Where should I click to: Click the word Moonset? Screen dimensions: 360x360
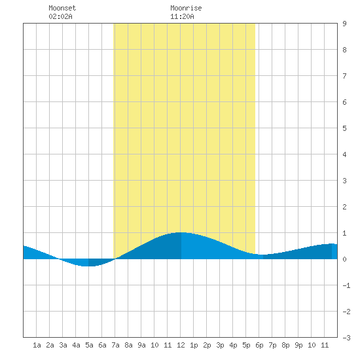click(62, 8)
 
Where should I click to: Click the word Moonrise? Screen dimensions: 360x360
click(186, 8)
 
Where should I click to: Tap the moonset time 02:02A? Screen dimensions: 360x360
click(60, 16)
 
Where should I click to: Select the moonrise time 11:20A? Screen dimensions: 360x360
click(182, 16)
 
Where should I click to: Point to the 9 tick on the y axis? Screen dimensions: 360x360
click(344, 24)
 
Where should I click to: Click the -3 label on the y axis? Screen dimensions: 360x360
click(346, 338)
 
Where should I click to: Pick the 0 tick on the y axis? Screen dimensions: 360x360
click(344, 259)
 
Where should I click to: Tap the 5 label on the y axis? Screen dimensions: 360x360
click(344, 128)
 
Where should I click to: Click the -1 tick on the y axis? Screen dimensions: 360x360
click(346, 285)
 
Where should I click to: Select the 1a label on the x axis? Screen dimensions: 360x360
click(37, 345)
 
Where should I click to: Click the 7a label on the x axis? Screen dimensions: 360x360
click(115, 345)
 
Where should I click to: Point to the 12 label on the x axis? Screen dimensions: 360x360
click(181, 345)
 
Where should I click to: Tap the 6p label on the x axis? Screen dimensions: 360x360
click(259, 345)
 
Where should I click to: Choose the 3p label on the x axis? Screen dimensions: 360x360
click(220, 345)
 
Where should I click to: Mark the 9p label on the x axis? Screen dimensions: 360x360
click(298, 345)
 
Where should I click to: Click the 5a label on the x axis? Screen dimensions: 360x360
click(89, 345)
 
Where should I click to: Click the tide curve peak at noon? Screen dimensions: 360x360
click(181, 232)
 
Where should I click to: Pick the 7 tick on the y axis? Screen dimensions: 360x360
click(344, 76)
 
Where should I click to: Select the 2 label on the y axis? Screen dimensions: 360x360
click(344, 207)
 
